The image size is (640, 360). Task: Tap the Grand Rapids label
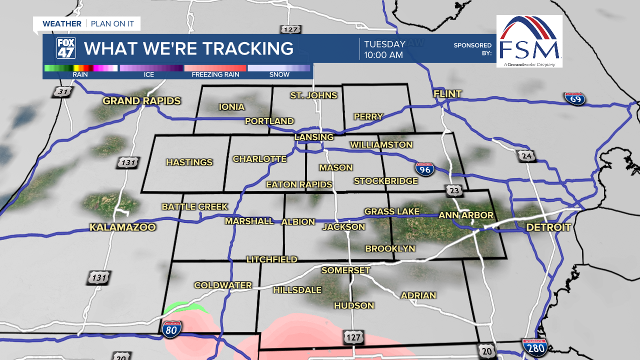point(141,101)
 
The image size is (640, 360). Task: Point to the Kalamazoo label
point(122,227)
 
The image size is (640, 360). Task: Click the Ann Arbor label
point(466,215)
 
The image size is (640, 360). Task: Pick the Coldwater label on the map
point(223,285)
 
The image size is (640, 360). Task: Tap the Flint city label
point(447,94)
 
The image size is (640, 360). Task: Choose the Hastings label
point(189,162)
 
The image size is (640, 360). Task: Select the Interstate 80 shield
point(171,330)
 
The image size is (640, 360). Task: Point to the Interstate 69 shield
point(574,98)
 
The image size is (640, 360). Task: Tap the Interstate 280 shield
point(534,347)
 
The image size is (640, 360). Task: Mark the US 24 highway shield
point(526,156)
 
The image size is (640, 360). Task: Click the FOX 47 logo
point(65,48)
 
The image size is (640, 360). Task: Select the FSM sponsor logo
point(529,41)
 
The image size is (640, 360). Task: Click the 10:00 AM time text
point(383,55)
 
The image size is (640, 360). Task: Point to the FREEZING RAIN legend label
point(215,75)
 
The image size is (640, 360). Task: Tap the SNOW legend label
point(279,75)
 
